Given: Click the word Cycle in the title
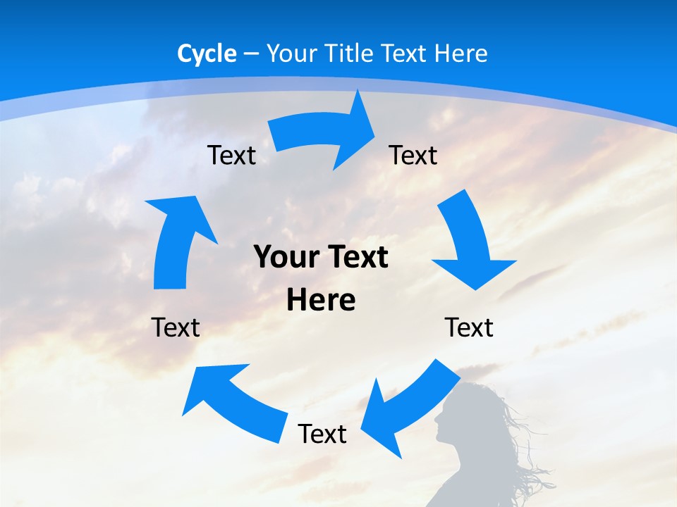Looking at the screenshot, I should tap(207, 54).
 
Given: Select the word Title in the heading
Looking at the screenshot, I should tap(350, 54).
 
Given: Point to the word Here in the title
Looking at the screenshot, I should tap(461, 54).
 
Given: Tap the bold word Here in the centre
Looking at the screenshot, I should tap(321, 300).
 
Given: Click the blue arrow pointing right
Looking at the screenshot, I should tap(324, 134).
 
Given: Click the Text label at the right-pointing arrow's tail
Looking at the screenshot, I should tap(232, 155).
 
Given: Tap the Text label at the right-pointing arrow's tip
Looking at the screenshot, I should tap(413, 155).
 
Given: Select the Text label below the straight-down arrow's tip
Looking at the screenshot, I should tap(469, 327).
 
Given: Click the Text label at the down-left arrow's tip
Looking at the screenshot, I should tap(322, 434).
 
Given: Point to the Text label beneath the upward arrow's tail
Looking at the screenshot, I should tap(176, 327).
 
